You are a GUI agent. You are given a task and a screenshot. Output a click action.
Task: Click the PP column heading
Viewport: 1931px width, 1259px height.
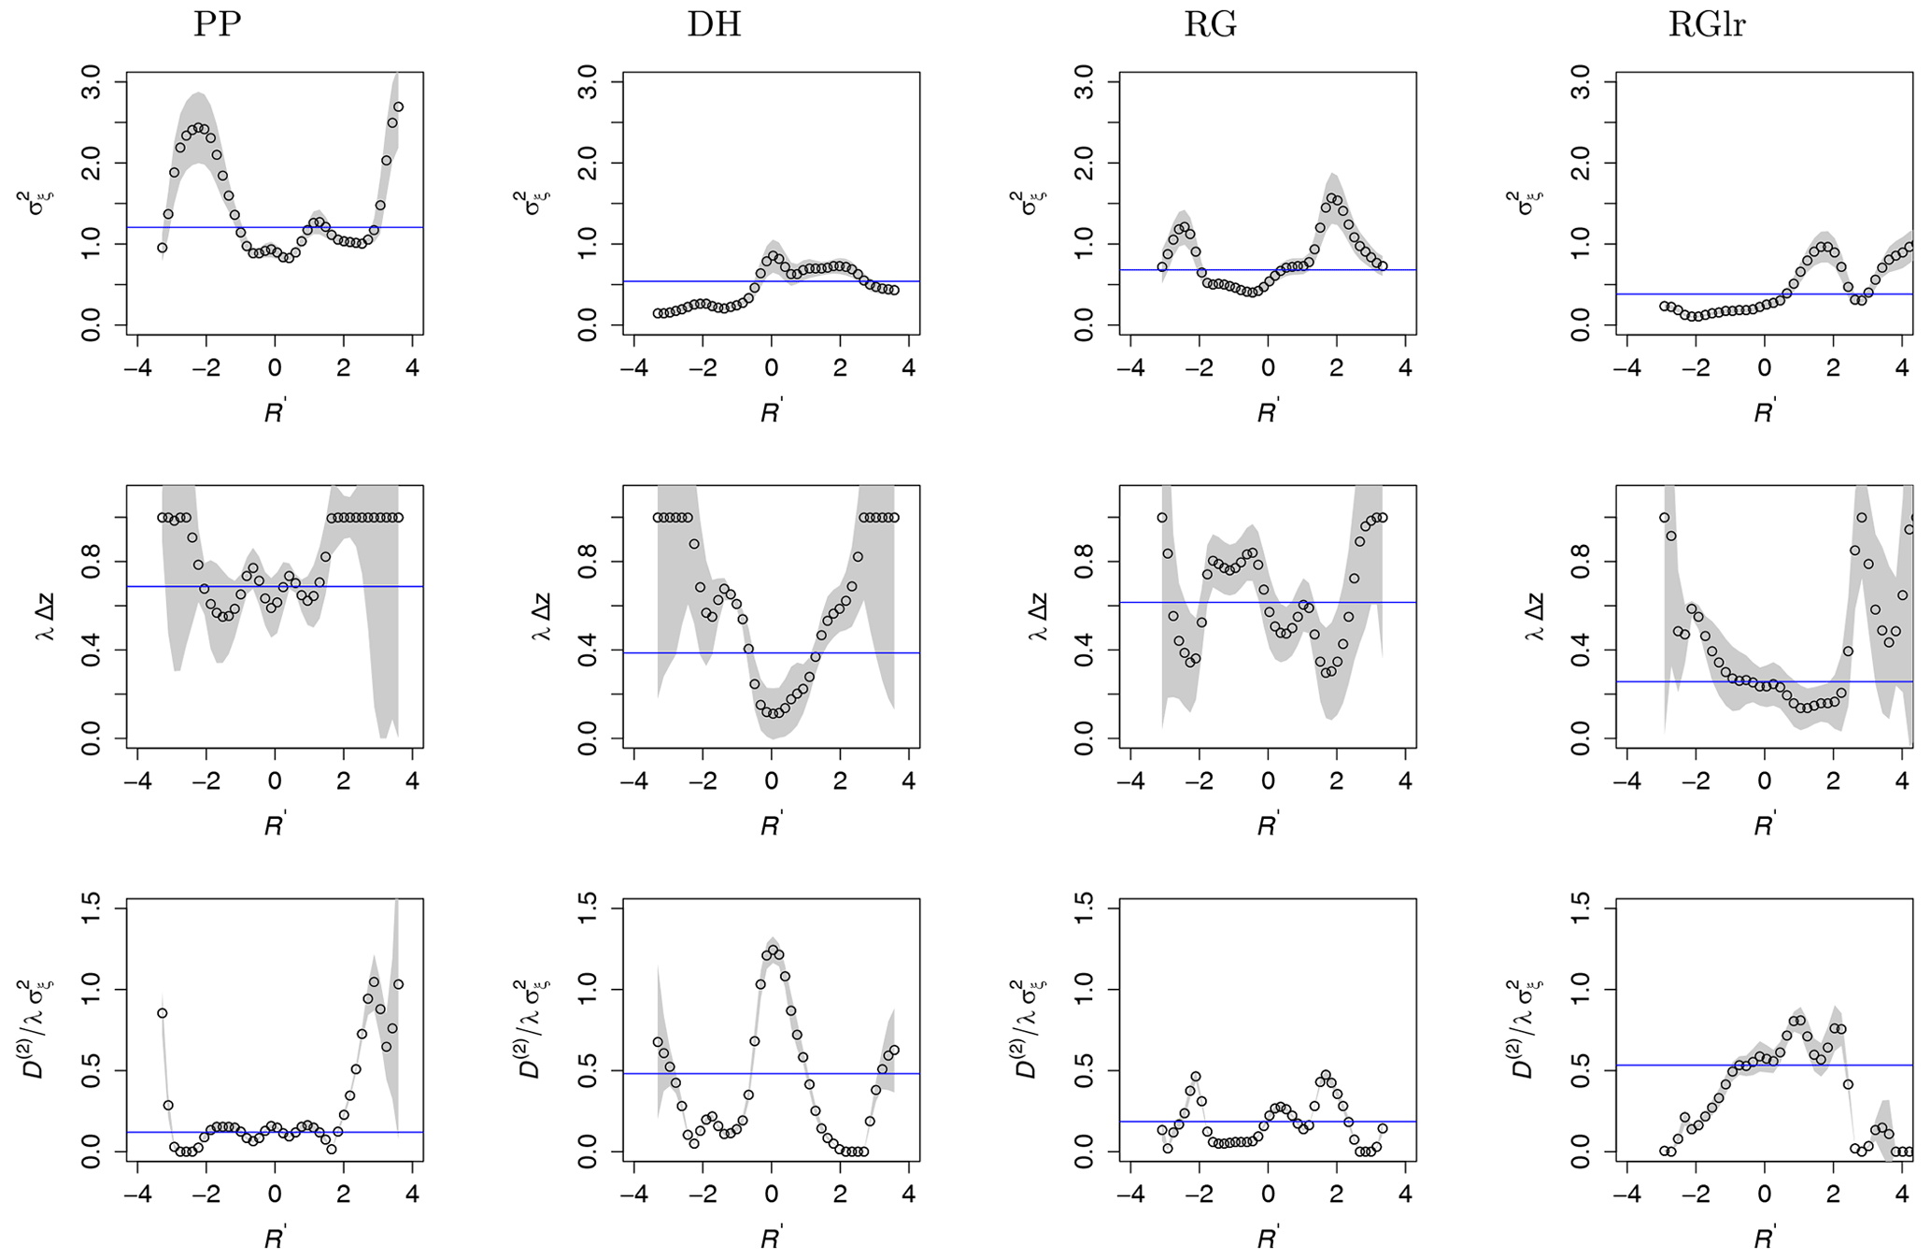[x=217, y=25]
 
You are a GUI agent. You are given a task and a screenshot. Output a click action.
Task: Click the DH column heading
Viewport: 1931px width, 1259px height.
[x=714, y=25]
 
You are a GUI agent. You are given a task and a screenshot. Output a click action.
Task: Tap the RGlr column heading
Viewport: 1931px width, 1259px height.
[x=1707, y=25]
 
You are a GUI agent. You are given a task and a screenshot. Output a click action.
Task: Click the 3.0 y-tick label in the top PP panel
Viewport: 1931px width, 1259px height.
[x=93, y=82]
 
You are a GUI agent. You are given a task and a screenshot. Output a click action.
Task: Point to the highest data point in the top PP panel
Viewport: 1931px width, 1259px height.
[x=398, y=107]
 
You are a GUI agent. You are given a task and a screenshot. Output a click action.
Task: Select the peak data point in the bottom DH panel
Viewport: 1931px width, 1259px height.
[x=773, y=950]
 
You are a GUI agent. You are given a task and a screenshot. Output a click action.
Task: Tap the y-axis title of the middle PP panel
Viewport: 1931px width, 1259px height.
[x=44, y=616]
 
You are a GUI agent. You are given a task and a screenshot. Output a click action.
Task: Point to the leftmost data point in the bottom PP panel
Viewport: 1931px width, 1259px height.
[x=162, y=1013]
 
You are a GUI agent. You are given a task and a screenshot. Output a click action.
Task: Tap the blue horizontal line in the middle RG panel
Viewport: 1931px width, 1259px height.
[x=1168, y=602]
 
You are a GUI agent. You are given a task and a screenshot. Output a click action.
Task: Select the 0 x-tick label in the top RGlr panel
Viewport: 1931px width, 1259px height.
[x=1764, y=367]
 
